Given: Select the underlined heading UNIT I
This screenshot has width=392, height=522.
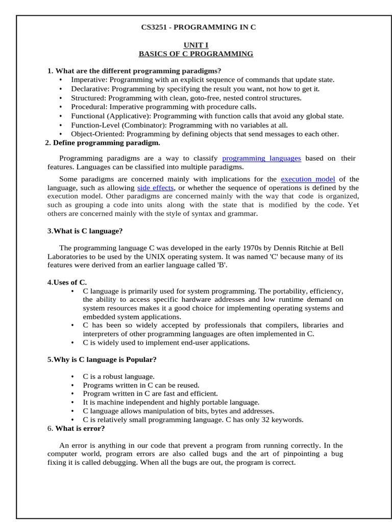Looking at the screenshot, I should (196, 45).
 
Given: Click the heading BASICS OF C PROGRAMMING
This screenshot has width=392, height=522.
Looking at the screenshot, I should (196, 54).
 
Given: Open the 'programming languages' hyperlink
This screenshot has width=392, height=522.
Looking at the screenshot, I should (261, 159).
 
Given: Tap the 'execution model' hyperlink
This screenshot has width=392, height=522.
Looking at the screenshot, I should (308, 179).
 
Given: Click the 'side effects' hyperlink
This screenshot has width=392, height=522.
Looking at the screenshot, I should (155, 188).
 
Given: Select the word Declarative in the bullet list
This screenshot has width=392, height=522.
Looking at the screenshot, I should (89, 89).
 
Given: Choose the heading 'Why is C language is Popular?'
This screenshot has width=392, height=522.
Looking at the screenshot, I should (105, 359).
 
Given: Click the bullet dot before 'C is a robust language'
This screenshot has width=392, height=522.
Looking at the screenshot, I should (73, 377).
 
